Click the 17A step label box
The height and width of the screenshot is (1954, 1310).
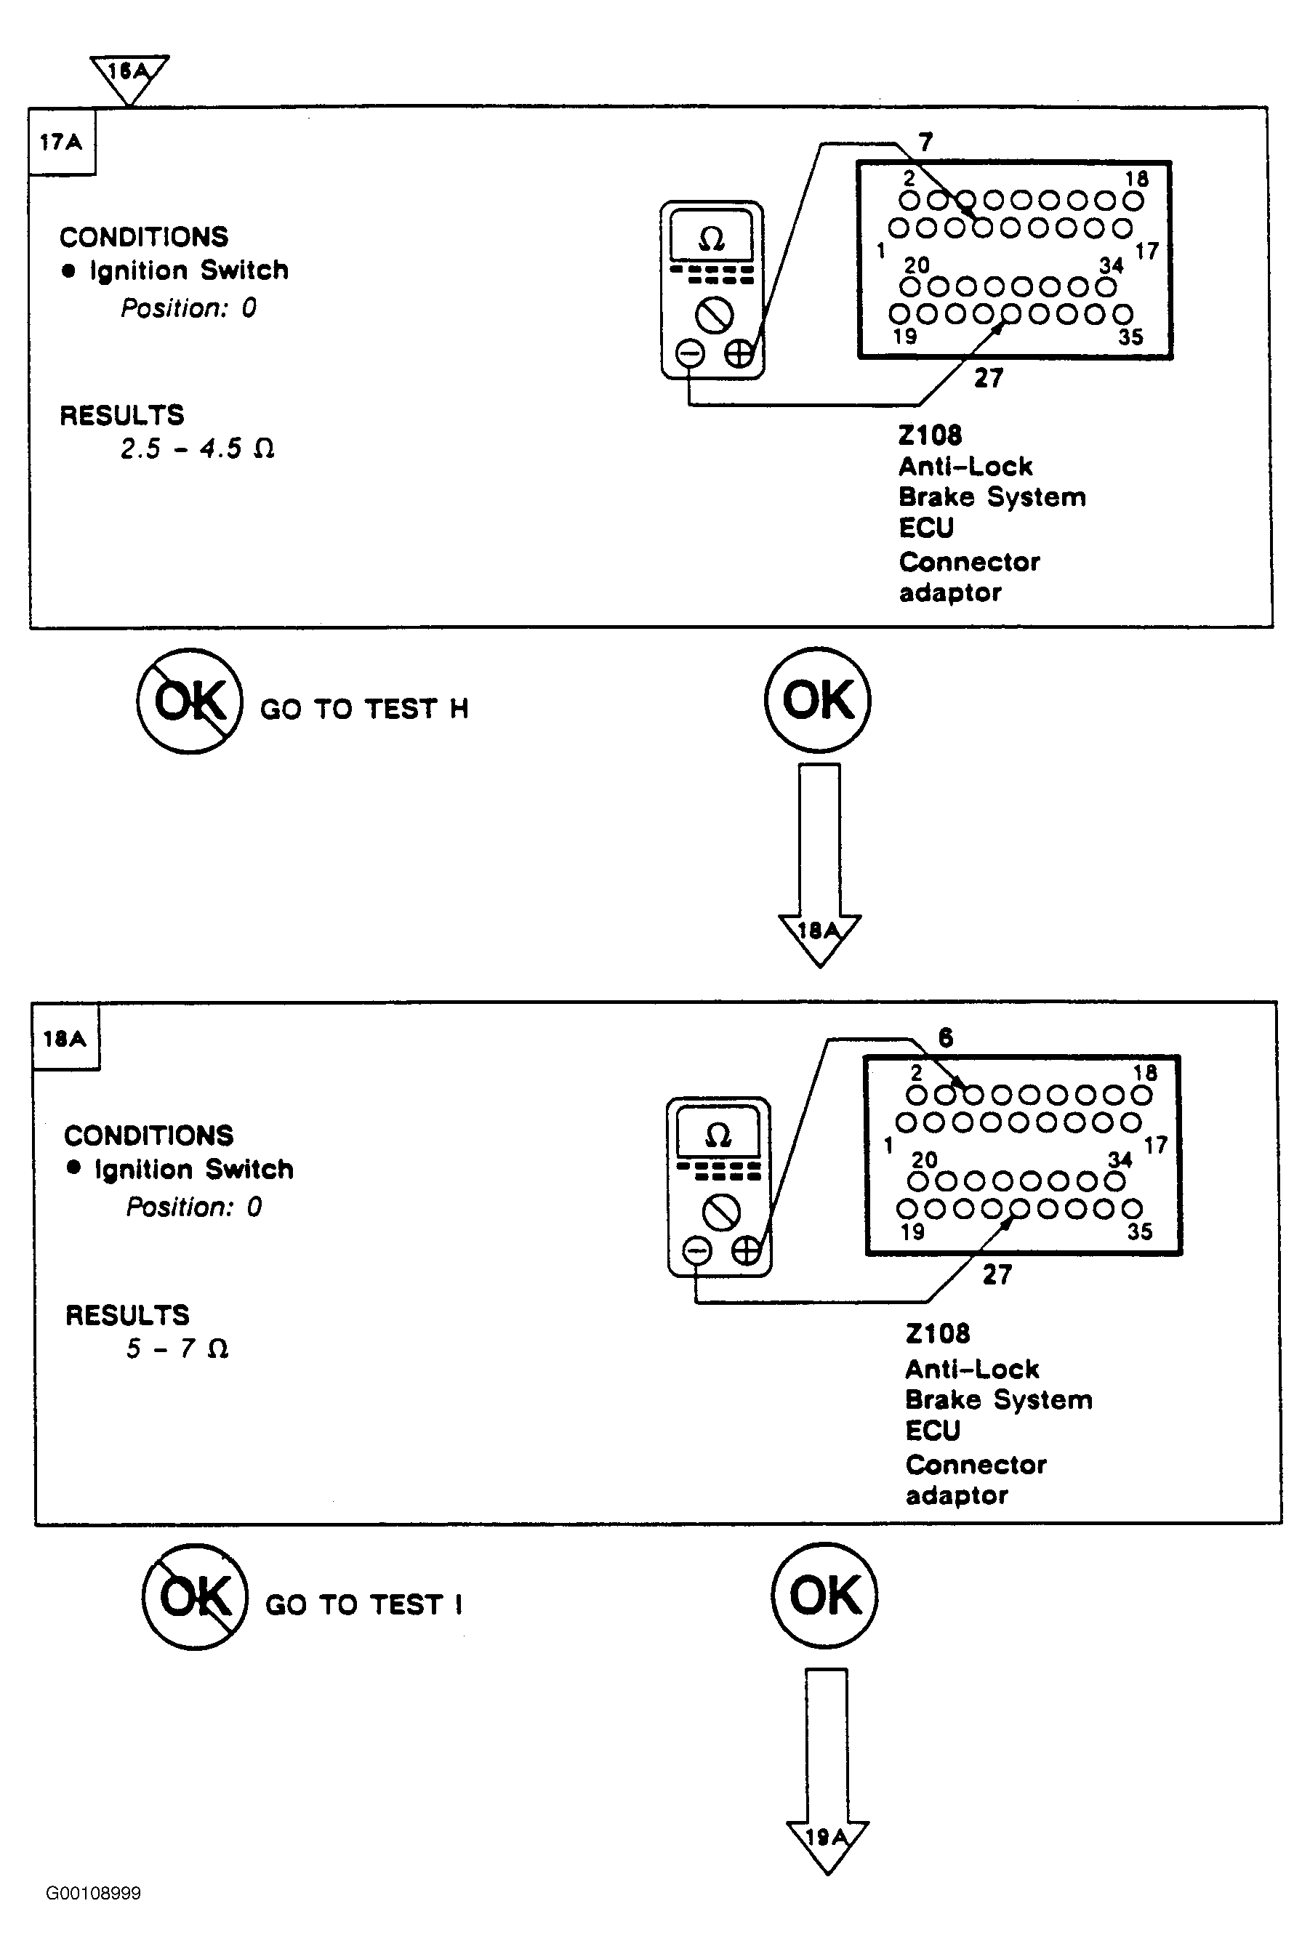pyautogui.click(x=62, y=141)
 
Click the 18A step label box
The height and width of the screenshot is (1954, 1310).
pyautogui.click(x=66, y=1037)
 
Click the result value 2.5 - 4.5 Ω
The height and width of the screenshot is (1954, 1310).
pyautogui.click(x=197, y=449)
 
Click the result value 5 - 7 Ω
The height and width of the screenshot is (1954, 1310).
pyautogui.click(x=177, y=1348)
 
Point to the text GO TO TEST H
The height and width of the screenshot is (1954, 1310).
pyautogui.click(x=364, y=709)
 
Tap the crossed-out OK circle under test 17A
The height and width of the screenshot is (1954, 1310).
pyautogui.click(x=190, y=701)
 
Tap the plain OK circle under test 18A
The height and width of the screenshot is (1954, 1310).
pyautogui.click(x=824, y=1596)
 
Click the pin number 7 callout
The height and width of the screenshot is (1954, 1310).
pyautogui.click(x=925, y=142)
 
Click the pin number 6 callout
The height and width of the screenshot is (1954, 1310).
pyautogui.click(x=946, y=1037)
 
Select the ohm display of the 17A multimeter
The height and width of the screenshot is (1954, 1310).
pyautogui.click(x=712, y=239)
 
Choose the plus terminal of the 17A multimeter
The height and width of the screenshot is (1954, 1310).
pyautogui.click(x=739, y=354)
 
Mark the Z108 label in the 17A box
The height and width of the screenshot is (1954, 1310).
pyautogui.click(x=930, y=435)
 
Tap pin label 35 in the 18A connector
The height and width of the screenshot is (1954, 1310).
pyautogui.click(x=1140, y=1231)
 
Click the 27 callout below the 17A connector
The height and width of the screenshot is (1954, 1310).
pyautogui.click(x=989, y=379)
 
